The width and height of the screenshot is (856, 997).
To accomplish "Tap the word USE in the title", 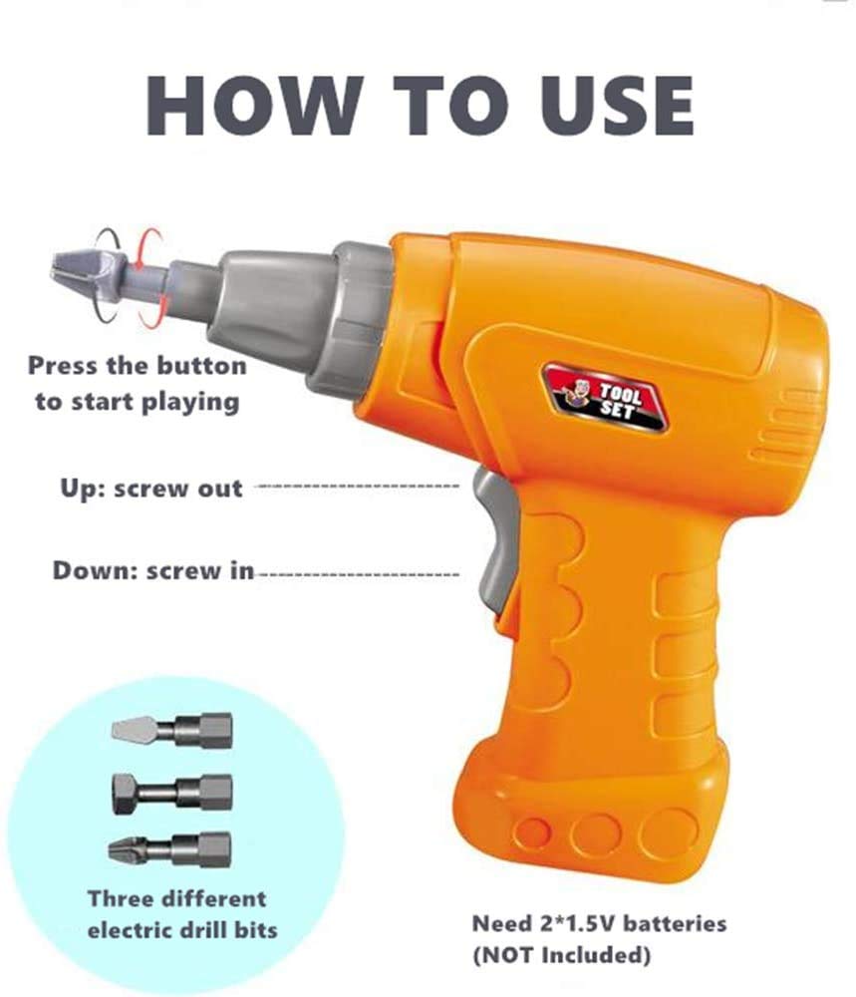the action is pos(616,105).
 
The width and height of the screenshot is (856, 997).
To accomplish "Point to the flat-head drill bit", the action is pos(171,730).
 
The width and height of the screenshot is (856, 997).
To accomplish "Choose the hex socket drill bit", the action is pos(171,794).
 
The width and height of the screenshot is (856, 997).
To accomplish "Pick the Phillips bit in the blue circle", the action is pos(169,849).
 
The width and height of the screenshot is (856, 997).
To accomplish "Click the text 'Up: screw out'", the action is pos(151,489).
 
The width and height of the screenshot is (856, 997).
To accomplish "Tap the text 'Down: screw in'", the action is pos(153,570).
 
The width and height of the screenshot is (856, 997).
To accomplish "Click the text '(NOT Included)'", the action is pos(562,955).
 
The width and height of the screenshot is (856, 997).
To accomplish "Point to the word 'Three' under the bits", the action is pos(121,898).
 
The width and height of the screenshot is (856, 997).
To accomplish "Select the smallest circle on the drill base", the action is pos(532,832).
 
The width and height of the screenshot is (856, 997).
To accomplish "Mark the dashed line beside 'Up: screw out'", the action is pos(356,488).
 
